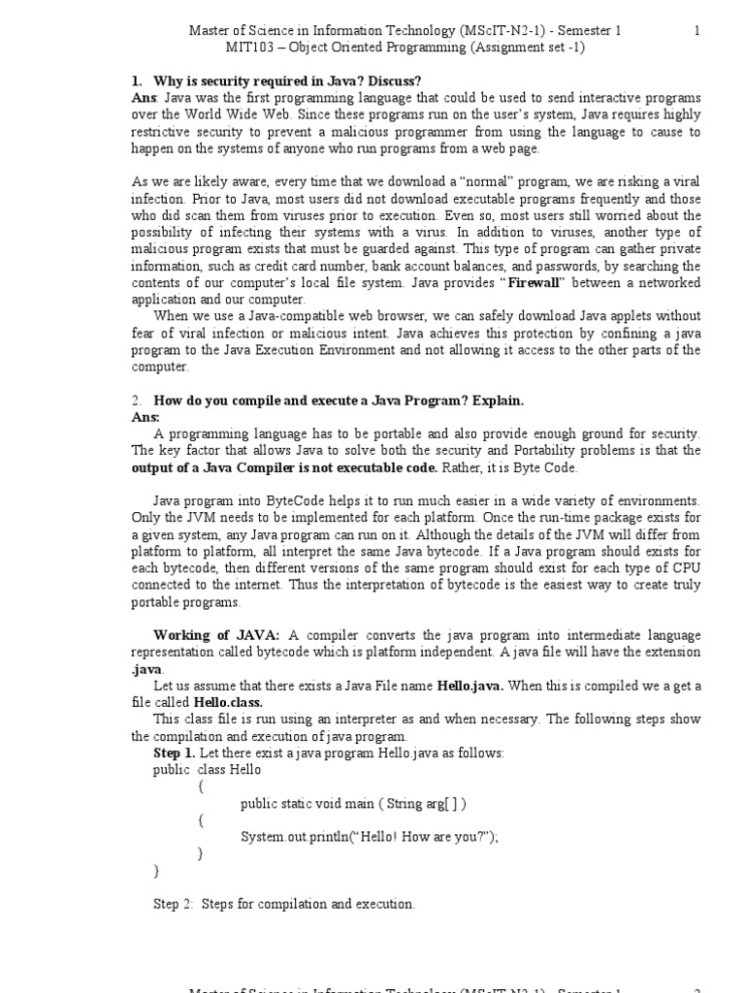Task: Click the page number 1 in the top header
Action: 696,31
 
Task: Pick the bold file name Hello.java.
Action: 470,686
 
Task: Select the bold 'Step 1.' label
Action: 175,753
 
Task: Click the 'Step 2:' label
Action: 174,904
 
